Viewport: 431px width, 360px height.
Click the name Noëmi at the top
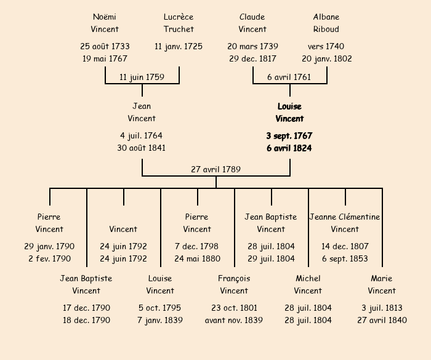pos(105,17)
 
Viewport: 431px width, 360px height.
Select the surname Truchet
pos(179,29)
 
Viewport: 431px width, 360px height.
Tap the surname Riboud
pos(326,29)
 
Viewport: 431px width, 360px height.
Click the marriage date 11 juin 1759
pos(142,77)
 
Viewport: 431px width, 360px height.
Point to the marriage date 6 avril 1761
pos(289,77)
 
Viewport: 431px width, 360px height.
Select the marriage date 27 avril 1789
pos(216,169)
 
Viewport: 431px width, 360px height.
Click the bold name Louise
pos(289,106)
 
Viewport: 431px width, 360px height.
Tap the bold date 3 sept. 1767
pos(289,135)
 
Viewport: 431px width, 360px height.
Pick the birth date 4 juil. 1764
pos(142,135)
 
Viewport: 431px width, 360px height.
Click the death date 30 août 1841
pos(142,148)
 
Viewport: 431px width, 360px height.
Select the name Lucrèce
pos(179,17)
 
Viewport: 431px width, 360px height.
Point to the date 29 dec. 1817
pos(252,58)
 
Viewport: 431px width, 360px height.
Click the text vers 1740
pos(326,46)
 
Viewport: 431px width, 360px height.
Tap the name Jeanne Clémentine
pos(345,217)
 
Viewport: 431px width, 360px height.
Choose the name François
pos(234,278)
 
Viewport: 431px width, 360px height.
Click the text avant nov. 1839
pos(234,320)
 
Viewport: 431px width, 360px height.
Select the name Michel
pos(308,278)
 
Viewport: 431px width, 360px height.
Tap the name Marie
pos(382,278)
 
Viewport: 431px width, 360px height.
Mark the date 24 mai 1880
pos(197,258)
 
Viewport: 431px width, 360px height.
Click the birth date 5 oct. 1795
pos(160,308)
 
